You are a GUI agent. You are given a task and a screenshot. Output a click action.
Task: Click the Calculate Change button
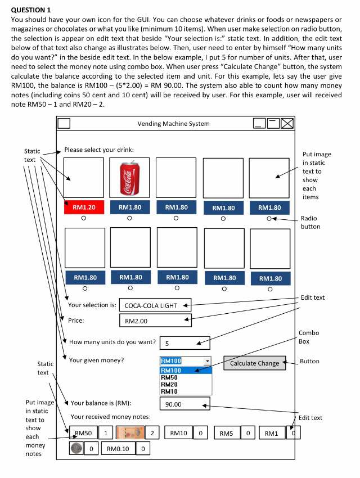254,363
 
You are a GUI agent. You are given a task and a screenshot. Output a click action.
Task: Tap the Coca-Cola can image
130,177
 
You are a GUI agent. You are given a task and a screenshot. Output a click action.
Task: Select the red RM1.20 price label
84,208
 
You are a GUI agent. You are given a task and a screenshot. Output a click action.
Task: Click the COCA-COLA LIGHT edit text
155,305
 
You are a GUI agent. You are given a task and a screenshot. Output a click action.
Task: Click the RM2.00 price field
155,321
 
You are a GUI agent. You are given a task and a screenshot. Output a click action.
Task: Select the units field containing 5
184,343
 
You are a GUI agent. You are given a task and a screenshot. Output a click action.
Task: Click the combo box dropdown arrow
207,361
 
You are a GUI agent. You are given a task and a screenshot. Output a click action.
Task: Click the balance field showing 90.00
184,404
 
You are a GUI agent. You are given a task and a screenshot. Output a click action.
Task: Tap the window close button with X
287,124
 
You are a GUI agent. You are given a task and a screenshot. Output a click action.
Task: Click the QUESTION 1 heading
31,10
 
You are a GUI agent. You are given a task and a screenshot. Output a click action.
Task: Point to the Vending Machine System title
173,124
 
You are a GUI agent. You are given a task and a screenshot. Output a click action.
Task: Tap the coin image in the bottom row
76,448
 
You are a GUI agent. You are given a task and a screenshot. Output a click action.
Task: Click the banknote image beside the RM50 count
130,433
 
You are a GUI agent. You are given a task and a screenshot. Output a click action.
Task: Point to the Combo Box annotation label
308,337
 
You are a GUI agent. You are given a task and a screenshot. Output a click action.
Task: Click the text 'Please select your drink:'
99,150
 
